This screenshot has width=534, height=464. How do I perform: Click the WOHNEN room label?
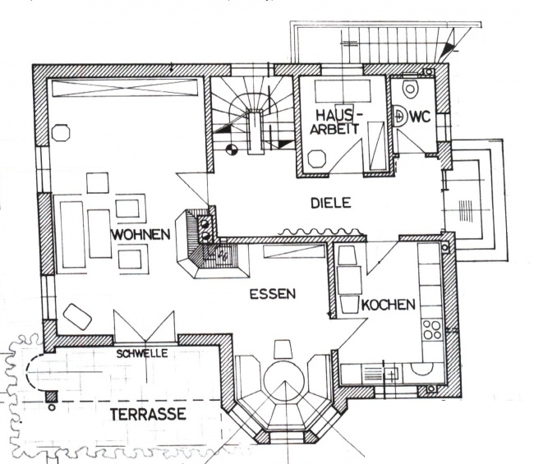(x=141, y=235)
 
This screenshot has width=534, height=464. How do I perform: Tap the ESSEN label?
(x=273, y=294)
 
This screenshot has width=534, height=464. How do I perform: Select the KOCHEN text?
(x=389, y=305)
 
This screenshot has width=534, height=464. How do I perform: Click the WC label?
(x=421, y=117)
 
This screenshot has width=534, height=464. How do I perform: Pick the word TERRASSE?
(x=148, y=414)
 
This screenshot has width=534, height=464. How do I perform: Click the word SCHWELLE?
(x=142, y=354)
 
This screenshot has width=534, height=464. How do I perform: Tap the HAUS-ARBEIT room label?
(x=334, y=122)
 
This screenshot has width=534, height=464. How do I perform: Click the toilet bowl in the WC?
(x=410, y=89)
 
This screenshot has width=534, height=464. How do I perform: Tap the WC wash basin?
(x=401, y=116)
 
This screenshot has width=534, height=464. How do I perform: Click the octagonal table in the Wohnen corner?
(x=61, y=133)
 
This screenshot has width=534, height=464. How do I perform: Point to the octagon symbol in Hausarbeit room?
(x=317, y=158)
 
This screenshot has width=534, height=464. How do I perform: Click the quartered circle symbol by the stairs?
(x=232, y=149)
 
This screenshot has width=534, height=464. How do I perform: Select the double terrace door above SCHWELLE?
(x=145, y=327)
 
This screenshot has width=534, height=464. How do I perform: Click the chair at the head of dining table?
(x=283, y=349)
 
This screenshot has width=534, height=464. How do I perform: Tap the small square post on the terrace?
(x=52, y=397)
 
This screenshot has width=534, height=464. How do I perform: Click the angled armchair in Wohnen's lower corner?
(x=78, y=317)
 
